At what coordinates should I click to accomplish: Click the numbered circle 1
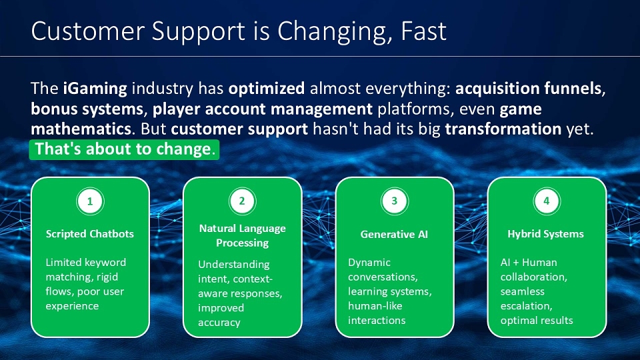(90, 201)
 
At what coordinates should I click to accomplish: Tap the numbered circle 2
(242, 201)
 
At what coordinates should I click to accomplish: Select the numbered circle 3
(394, 201)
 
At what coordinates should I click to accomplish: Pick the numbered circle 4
(547, 201)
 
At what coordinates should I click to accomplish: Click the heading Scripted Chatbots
(90, 234)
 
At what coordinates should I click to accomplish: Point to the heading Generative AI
(394, 234)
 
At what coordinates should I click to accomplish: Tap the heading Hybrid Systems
(546, 234)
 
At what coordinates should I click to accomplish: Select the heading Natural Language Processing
(243, 235)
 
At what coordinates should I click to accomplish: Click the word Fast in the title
(424, 31)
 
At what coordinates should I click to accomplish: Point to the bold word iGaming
(95, 89)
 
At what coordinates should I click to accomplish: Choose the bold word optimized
(267, 89)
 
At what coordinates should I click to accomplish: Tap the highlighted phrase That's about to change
(125, 149)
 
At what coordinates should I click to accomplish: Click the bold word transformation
(503, 129)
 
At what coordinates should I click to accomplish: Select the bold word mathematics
(81, 129)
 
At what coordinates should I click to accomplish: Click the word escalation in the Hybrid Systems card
(526, 306)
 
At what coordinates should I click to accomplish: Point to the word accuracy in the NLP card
(219, 323)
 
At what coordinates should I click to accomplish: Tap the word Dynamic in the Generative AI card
(369, 263)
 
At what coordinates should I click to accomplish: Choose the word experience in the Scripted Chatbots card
(72, 306)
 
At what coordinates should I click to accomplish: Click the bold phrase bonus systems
(87, 109)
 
